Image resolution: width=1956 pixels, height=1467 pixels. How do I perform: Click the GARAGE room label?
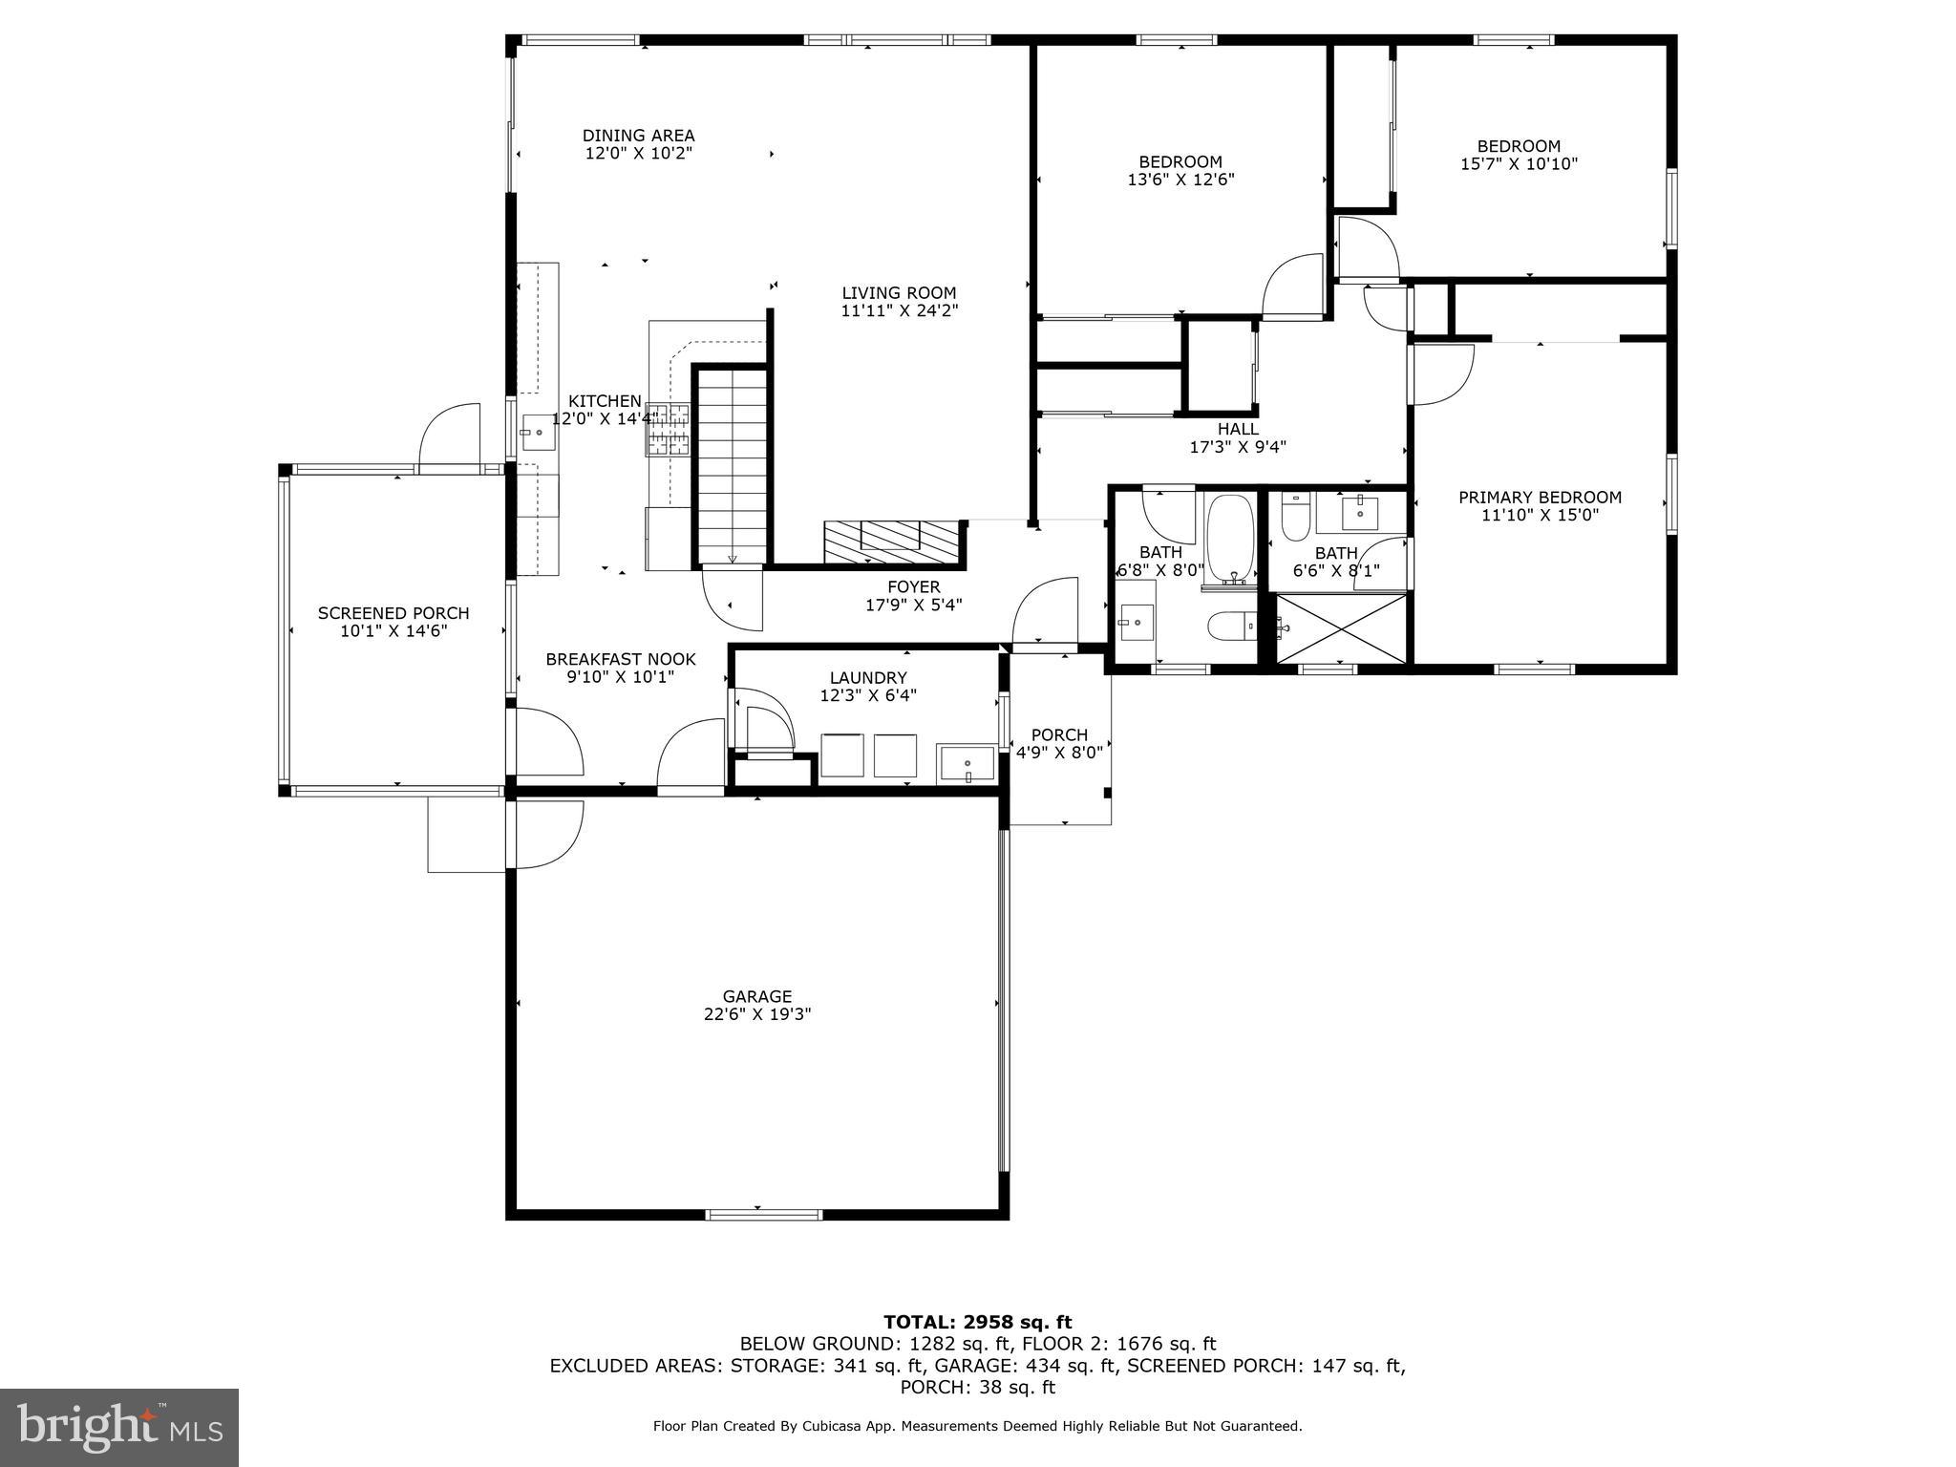(x=757, y=996)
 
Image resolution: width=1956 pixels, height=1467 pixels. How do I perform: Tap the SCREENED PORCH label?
(x=393, y=613)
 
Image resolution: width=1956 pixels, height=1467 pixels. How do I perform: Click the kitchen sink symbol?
(x=538, y=433)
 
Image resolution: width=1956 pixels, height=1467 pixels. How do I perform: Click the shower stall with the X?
(x=1342, y=627)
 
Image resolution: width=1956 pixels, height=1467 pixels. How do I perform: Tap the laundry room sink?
(x=967, y=764)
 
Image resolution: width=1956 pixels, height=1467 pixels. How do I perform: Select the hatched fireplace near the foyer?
(x=891, y=542)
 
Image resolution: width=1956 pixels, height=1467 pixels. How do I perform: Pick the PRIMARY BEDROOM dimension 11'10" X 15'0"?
(x=1540, y=515)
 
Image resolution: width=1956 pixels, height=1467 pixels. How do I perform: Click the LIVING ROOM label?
(x=899, y=293)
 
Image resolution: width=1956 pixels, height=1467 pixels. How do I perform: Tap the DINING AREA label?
(x=638, y=136)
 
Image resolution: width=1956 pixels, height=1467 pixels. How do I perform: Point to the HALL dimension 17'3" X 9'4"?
(x=1238, y=446)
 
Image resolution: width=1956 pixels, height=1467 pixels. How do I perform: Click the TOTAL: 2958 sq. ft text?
(x=977, y=1322)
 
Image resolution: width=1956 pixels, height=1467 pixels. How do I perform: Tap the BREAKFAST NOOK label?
(x=621, y=659)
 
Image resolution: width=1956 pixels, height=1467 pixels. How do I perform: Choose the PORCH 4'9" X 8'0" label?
(x=1059, y=743)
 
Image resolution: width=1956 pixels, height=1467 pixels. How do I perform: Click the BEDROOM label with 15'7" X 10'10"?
(x=1519, y=146)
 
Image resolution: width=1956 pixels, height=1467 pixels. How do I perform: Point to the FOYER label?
(x=914, y=586)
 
